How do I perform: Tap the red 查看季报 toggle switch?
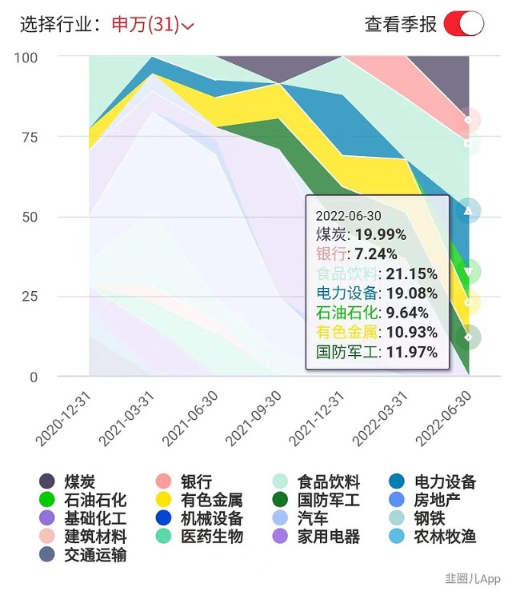pos(464,23)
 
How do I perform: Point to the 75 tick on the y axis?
pos(29,137)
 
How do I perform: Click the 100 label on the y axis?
pos(26,58)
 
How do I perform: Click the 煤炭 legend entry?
pos(68,481)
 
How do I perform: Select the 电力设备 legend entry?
pos(433,481)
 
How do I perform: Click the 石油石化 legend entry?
pos(83,500)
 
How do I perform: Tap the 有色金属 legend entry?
pos(200,500)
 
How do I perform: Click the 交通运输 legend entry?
pos(83,554)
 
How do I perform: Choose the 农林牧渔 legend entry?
pos(433,537)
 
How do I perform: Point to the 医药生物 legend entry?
pos(200,537)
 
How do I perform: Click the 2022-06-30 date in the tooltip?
pos(348,215)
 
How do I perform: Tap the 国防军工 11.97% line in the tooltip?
pos(376,352)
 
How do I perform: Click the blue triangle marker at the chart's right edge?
pos(470,211)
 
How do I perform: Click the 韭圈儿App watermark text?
pos(473,578)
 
